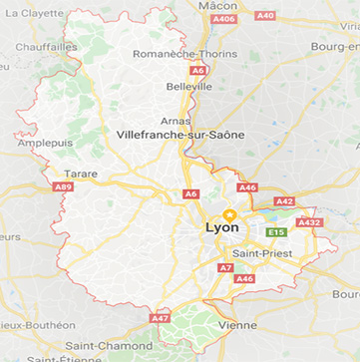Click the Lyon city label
[221, 228]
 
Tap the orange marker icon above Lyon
[228, 213]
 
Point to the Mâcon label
[218, 5]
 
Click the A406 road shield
[224, 19]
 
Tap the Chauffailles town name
[46, 46]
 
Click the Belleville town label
[189, 87]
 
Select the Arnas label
[175, 120]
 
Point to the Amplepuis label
[45, 143]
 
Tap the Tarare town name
[82, 173]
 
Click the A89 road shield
[63, 186]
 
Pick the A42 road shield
[284, 201]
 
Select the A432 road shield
[310, 222]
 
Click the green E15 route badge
[276, 232]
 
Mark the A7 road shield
[225, 267]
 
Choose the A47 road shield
[160, 318]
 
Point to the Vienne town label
[237, 325]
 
